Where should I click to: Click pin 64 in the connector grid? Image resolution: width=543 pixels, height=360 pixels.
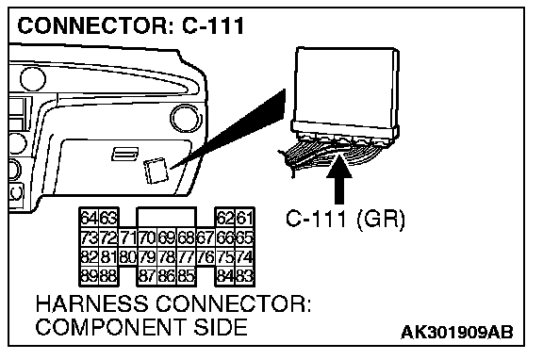[x=90, y=218]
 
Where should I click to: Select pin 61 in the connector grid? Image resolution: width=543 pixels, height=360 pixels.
[x=244, y=218]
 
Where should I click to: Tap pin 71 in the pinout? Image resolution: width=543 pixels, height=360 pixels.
[x=128, y=237]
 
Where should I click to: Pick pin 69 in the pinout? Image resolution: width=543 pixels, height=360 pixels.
[x=167, y=237]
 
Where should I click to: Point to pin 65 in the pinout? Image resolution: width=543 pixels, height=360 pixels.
[x=244, y=237]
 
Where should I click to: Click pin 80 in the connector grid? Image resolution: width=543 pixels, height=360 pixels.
[x=128, y=257]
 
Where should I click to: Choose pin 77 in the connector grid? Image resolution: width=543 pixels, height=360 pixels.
[x=187, y=257]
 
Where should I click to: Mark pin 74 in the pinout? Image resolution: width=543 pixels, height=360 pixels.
[x=244, y=257]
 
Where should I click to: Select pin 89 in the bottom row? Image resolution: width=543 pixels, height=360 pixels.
[x=90, y=276]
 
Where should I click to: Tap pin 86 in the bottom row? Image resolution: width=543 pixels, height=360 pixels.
[x=167, y=276]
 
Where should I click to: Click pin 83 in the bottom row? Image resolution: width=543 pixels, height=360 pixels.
[x=244, y=276]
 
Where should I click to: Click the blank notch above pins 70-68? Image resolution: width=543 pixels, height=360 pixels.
[x=167, y=218]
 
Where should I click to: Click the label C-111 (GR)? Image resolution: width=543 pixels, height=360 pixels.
[x=345, y=219]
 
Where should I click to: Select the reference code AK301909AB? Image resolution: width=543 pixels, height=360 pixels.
[x=457, y=333]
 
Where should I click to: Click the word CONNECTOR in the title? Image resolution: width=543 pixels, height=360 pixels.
[x=93, y=26]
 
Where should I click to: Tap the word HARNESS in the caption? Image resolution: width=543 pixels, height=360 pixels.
[x=91, y=303]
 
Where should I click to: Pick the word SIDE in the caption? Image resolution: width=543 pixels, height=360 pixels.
[x=221, y=327]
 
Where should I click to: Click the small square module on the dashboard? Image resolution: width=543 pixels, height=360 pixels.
[x=156, y=171]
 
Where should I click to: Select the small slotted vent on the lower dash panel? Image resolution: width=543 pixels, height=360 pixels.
[x=124, y=154]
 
